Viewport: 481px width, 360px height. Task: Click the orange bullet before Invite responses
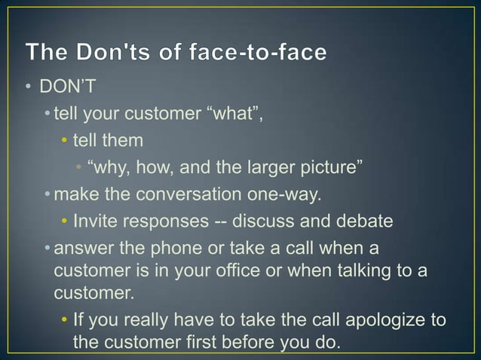(x=65, y=221)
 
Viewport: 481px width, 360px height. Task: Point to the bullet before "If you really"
(x=65, y=321)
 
